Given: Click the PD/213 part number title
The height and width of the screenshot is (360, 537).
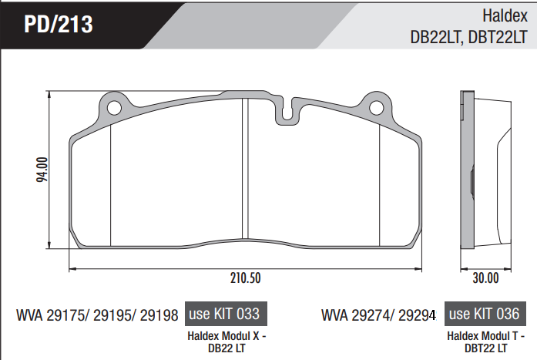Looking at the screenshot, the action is click(x=59, y=24).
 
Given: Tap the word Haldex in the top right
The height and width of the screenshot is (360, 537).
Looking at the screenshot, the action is click(x=505, y=15).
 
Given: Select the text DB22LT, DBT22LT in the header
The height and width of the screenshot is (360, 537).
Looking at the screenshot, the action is click(x=468, y=37).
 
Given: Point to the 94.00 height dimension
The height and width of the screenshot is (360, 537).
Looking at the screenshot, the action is click(x=42, y=170).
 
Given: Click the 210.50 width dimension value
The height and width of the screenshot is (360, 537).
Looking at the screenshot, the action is click(x=245, y=278).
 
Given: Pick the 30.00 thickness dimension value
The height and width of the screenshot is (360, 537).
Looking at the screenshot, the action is click(x=485, y=278).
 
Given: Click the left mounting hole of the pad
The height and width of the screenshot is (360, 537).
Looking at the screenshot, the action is click(x=114, y=108).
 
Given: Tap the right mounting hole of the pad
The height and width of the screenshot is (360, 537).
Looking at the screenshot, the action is click(x=377, y=108).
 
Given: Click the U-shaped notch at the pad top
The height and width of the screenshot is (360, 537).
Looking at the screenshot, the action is click(x=287, y=111).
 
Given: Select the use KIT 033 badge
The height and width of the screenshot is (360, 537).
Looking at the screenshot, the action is click(x=226, y=314).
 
